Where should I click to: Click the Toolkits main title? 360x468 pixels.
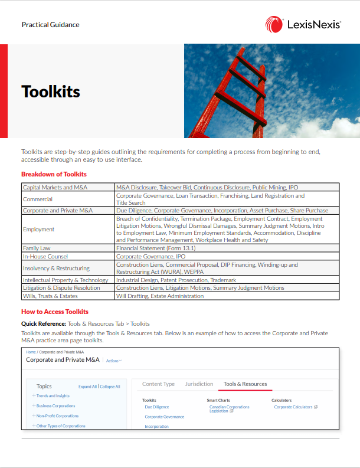coord(51,91)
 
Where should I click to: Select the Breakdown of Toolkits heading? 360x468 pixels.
coord(54,174)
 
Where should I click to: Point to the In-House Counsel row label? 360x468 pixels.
coord(45,257)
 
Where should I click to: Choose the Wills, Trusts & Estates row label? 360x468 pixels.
coord(50,296)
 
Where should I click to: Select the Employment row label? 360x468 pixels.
coord(38,230)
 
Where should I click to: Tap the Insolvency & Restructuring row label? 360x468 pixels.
coord(56,269)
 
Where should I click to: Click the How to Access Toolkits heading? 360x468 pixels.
coord(55,312)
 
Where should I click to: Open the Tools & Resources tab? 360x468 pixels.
coord(245,384)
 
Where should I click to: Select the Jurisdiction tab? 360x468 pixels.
coord(199,384)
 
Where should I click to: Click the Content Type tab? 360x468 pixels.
coord(158,384)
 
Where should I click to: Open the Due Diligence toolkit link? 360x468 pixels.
coord(157,407)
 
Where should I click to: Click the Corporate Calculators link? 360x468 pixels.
coord(293,407)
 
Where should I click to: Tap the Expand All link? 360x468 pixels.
coord(87,387)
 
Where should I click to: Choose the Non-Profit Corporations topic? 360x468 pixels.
coord(57,416)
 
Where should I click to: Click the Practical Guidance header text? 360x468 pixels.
coord(50,25)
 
